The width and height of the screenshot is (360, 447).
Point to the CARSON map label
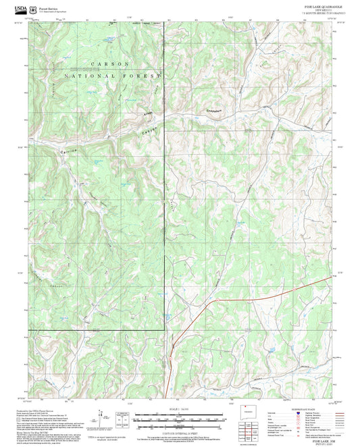pos(104,63)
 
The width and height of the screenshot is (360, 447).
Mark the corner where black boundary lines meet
pos(165,329)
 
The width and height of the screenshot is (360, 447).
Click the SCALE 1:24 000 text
pos(180,409)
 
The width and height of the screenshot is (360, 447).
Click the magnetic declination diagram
pos(122,419)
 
